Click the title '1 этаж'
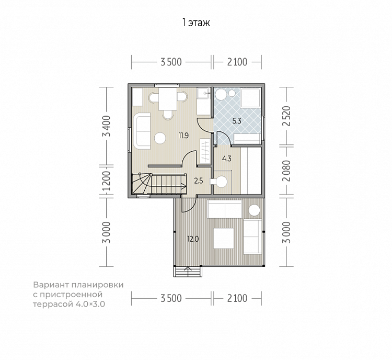click(196, 23)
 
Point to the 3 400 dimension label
click(108, 126)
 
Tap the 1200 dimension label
click(107, 181)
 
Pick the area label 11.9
click(183, 136)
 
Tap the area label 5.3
click(237, 121)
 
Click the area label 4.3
click(227, 159)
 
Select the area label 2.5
click(199, 181)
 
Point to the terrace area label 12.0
click(193, 239)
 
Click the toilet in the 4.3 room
click(219, 181)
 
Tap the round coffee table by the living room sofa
click(160, 138)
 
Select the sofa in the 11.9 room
click(142, 131)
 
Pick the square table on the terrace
click(224, 238)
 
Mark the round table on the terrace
click(254, 210)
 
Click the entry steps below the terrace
click(188, 272)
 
